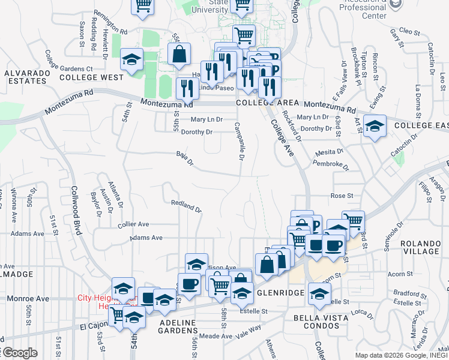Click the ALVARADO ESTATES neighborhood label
coord(26,77)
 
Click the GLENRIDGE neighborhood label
coord(282,293)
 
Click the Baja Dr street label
coord(185,159)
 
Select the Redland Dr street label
coord(185,206)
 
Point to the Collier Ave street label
coord(134,224)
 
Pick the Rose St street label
coord(342,196)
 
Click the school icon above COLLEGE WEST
coord(131,59)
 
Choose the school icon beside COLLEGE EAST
coord(375,125)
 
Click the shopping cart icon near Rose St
coord(354,221)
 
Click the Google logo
coord(20,353)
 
